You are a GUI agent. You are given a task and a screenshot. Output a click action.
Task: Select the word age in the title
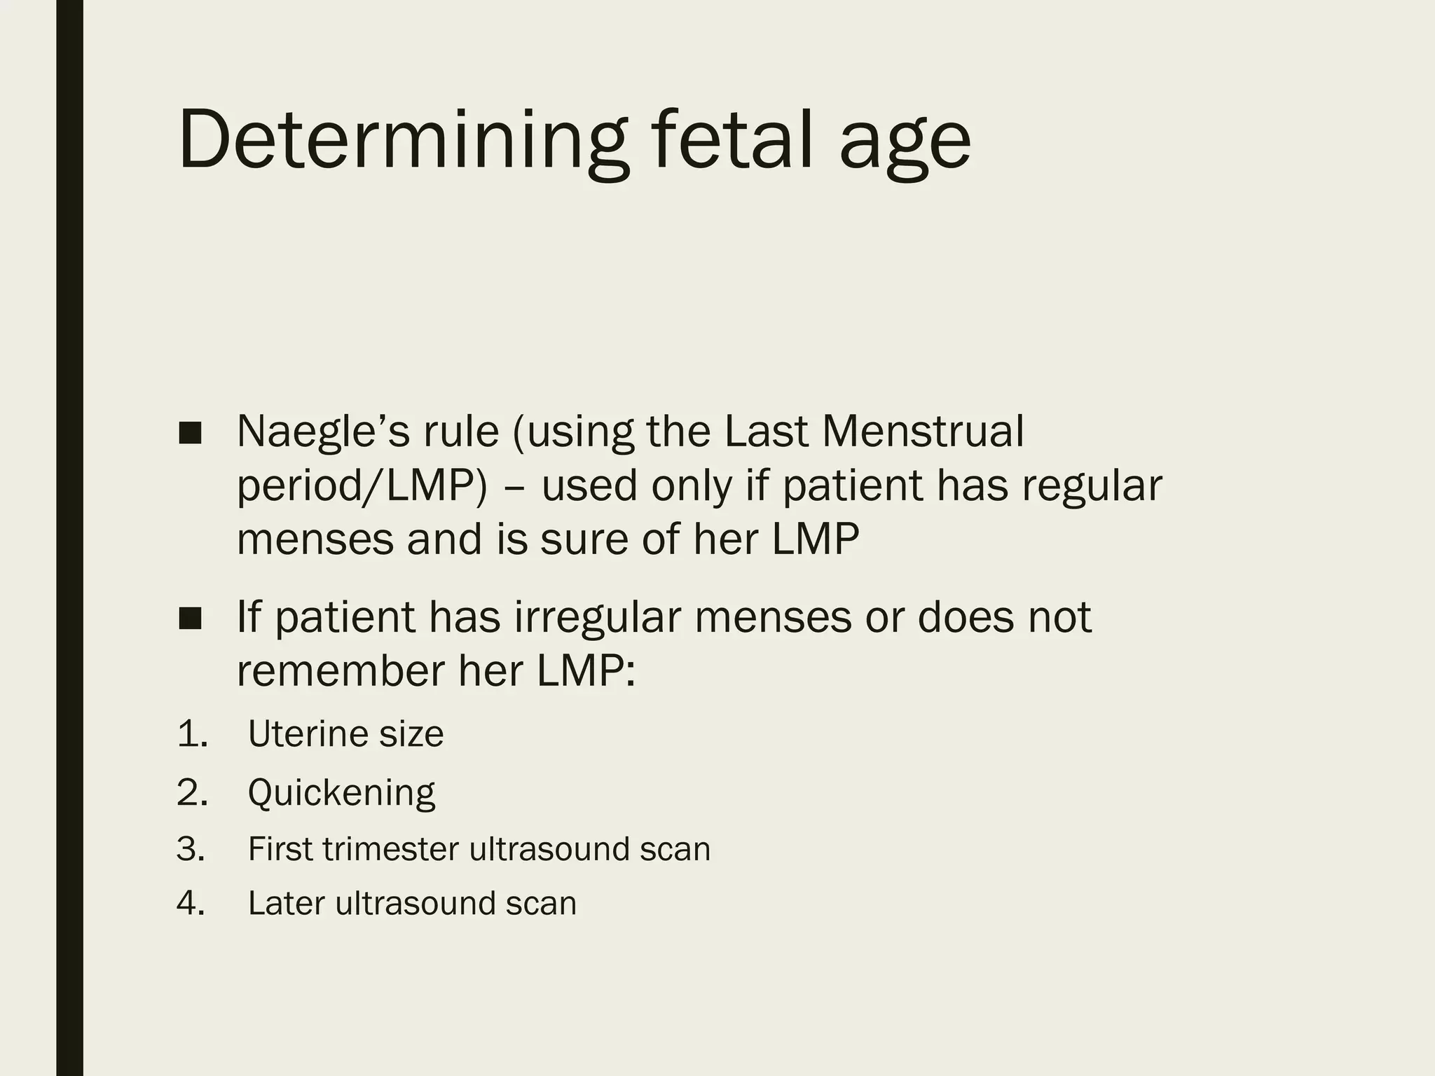(905, 147)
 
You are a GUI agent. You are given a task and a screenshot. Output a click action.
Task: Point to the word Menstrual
(923, 432)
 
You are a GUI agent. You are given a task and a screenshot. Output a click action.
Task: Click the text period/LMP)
(362, 486)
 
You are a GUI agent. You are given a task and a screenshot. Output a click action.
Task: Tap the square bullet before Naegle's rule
(190, 433)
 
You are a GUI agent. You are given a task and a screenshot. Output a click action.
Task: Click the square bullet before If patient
(190, 618)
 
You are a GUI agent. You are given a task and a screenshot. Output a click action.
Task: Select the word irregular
(598, 618)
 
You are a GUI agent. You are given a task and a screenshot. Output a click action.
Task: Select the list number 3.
(191, 849)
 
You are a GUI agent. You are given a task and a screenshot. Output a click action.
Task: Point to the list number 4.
(191, 904)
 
